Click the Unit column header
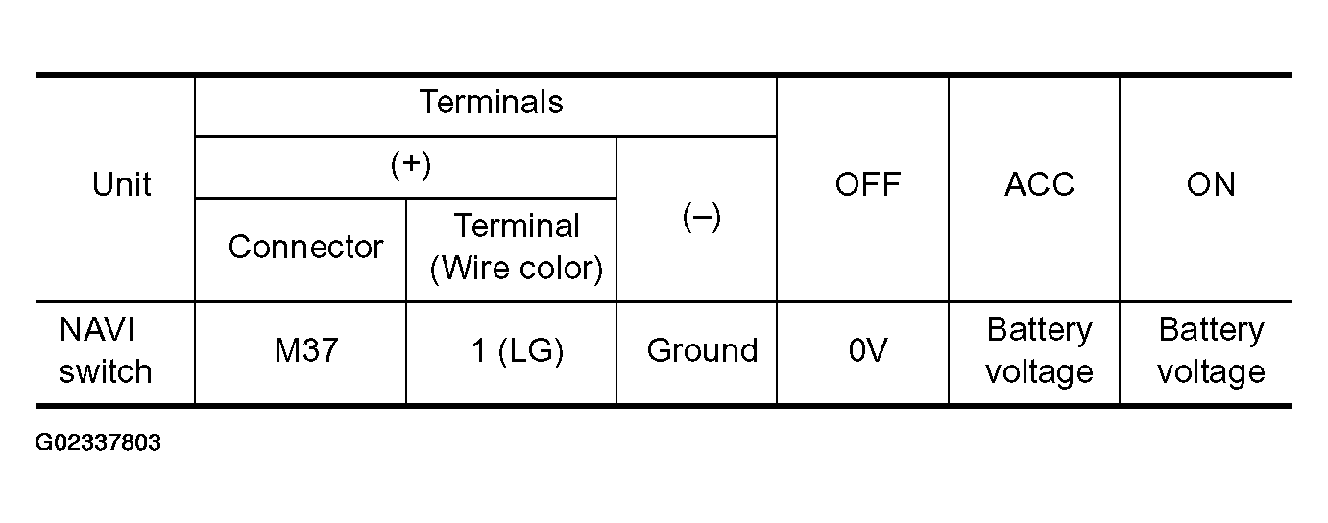(x=121, y=184)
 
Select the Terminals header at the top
(x=491, y=102)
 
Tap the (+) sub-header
(x=410, y=164)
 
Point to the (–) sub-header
(x=701, y=218)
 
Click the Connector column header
(x=305, y=247)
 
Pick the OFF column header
(x=867, y=184)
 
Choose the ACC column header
(x=1039, y=184)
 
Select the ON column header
(x=1211, y=184)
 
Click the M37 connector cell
(x=306, y=350)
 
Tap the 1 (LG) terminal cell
(x=517, y=350)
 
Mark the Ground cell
(x=702, y=350)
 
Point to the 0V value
(x=867, y=350)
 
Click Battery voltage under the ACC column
(x=1039, y=350)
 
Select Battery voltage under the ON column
(x=1211, y=350)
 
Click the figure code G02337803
(x=98, y=443)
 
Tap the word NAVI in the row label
(x=96, y=329)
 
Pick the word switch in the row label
(x=106, y=371)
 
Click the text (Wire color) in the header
(x=517, y=269)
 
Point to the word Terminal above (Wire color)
(x=517, y=226)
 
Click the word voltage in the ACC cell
(x=1039, y=371)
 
